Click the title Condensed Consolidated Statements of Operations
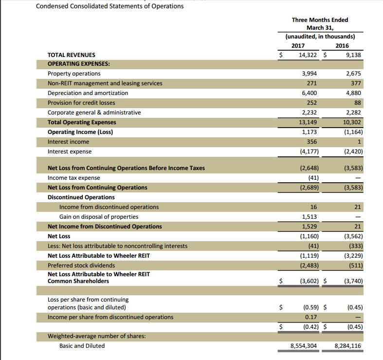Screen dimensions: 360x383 (110, 6)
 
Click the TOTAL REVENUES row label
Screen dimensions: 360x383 (72, 55)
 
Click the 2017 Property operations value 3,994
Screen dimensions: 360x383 (310, 74)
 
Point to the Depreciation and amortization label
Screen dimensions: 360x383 (88, 93)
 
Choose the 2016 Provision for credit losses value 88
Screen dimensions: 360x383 (357, 103)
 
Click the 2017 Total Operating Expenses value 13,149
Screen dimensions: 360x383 (308, 122)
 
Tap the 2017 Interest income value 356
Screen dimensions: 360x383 (311, 142)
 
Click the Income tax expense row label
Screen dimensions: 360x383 (74, 178)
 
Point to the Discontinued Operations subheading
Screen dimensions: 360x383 (81, 197)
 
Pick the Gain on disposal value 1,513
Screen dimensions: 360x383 (310, 217)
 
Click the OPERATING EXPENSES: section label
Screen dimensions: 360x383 (78, 64)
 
